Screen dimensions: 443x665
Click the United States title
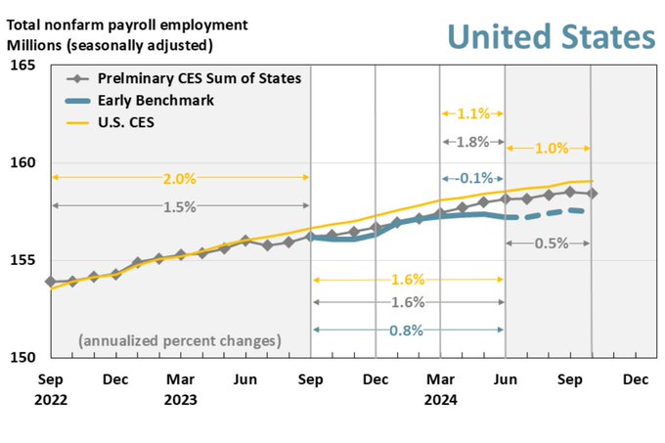(x=551, y=36)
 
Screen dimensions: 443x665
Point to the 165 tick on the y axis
(x=22, y=66)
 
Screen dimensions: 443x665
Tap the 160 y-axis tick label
(x=22, y=162)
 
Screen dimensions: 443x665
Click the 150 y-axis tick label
(x=22, y=357)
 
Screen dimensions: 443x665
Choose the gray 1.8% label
(x=472, y=142)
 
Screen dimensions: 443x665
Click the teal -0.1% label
(x=472, y=178)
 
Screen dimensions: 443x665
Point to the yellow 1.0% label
(x=549, y=149)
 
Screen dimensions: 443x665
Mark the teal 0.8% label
(x=407, y=330)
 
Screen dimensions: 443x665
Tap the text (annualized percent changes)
(x=180, y=341)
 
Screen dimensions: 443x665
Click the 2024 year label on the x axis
(x=440, y=399)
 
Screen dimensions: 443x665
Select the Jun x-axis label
(x=505, y=378)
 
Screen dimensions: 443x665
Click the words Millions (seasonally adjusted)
(x=110, y=44)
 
